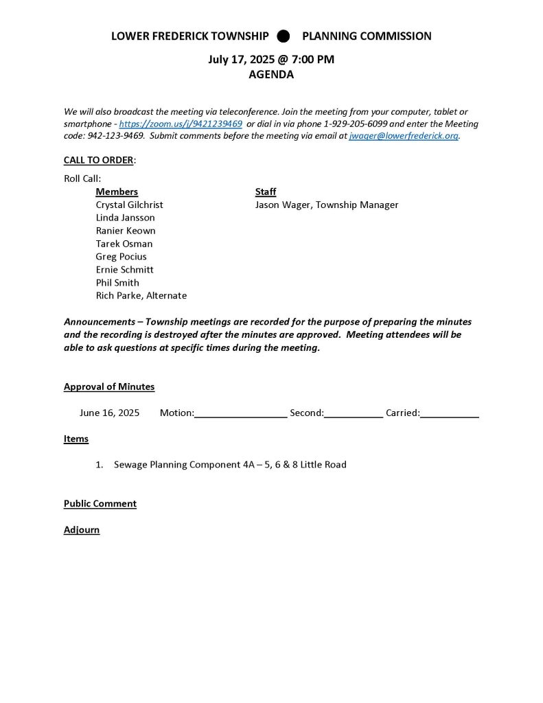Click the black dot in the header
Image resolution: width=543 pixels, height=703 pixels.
(283, 36)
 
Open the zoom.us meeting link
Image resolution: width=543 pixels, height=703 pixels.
(181, 124)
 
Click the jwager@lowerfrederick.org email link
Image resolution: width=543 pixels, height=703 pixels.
(403, 137)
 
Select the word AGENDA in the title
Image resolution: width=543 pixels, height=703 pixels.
(271, 75)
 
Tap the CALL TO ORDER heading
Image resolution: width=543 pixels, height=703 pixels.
(99, 160)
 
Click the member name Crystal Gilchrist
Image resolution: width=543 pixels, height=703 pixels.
(129, 205)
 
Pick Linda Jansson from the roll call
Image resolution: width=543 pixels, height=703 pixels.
(125, 218)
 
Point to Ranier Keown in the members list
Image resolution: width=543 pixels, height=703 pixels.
(126, 231)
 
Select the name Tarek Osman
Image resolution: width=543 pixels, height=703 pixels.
(124, 244)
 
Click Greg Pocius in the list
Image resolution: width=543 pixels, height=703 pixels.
(121, 257)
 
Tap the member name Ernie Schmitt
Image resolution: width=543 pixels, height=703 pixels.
(124, 270)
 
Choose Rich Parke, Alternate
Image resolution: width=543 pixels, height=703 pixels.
(141, 296)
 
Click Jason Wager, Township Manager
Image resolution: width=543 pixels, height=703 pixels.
(326, 205)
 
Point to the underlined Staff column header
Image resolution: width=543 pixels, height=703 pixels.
(265, 192)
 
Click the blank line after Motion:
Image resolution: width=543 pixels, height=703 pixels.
(240, 413)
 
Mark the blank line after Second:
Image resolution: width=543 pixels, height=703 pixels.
(353, 413)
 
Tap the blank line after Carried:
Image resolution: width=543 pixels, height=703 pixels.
(449, 413)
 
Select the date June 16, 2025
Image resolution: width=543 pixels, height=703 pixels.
(109, 413)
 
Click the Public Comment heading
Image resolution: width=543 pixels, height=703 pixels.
(100, 504)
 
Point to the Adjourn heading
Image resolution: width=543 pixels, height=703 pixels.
(82, 530)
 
